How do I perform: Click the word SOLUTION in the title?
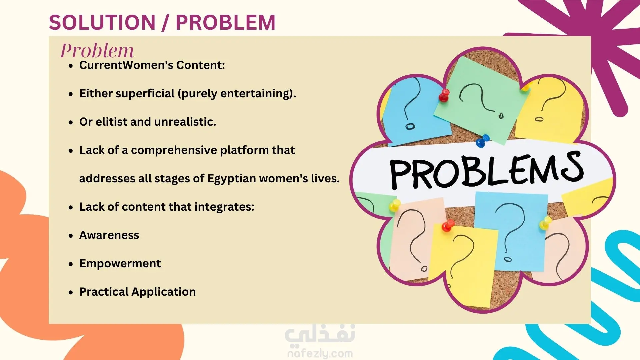102,23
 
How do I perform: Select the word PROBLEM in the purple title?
225,23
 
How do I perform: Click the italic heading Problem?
97,51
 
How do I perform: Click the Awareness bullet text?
109,235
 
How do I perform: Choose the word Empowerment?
120,264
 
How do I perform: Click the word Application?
163,292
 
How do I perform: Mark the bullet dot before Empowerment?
71,264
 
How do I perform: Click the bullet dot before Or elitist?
71,123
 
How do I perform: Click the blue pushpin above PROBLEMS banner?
482,141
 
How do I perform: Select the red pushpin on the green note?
444,95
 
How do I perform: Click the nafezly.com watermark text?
320,353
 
